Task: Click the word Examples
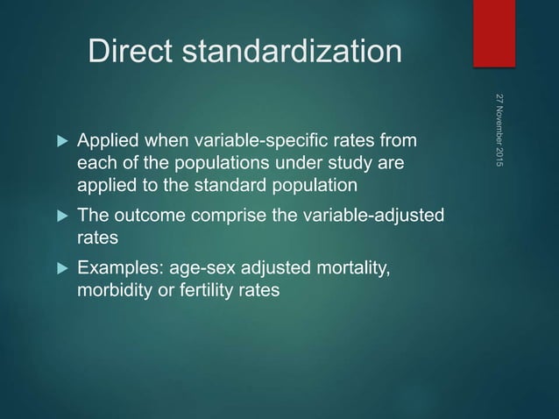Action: pos(117,267)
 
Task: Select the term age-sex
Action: pos(199,267)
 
